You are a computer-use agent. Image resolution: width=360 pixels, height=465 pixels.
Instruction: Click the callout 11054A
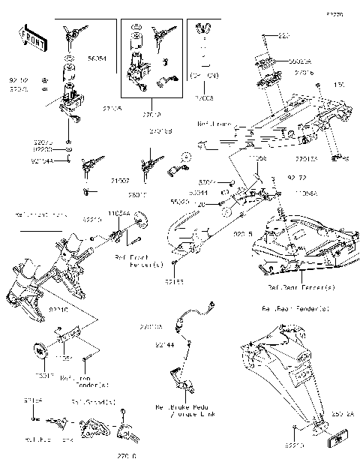118,214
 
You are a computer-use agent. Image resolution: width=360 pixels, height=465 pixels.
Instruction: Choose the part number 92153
174,283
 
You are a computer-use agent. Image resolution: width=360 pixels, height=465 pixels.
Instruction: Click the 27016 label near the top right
304,73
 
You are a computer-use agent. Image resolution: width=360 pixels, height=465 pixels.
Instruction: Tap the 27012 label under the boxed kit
148,116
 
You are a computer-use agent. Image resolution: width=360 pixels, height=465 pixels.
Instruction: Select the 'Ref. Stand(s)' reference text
94,403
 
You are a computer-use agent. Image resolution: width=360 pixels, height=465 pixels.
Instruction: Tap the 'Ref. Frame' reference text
213,124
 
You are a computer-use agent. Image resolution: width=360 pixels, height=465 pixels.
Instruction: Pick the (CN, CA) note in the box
204,76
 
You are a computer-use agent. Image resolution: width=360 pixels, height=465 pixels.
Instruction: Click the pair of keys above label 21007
90,163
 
